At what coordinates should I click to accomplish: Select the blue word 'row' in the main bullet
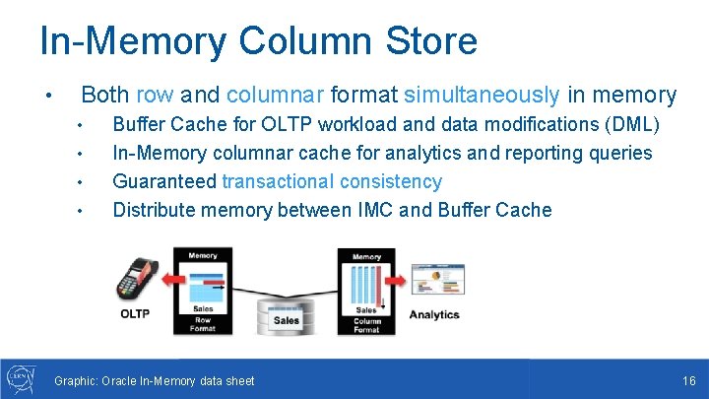click(155, 95)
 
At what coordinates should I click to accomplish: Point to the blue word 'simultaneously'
click(482, 95)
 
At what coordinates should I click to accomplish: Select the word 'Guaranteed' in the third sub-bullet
click(163, 181)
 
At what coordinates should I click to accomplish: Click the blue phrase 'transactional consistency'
click(332, 181)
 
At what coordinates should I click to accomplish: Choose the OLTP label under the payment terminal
click(135, 314)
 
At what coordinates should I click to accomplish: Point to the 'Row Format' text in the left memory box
click(202, 323)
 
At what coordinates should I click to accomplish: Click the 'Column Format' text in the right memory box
click(366, 323)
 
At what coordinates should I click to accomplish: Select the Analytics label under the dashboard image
click(434, 314)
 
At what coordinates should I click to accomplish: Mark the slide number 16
click(688, 380)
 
